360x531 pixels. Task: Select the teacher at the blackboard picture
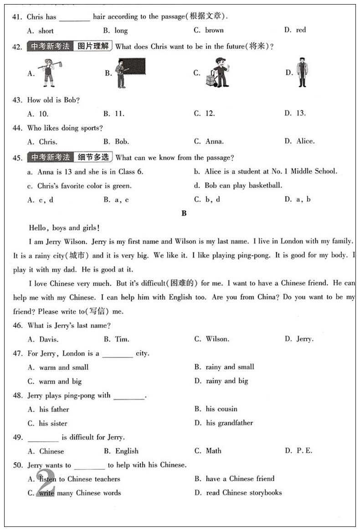coord(130,72)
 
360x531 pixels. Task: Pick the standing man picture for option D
coord(301,72)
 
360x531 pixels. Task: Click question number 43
coord(17,100)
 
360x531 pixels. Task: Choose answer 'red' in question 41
coord(301,31)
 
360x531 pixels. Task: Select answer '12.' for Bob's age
coord(210,113)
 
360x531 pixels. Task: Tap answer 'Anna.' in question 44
coord(214,141)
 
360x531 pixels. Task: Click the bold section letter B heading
coord(184,213)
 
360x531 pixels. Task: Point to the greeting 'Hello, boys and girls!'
coord(64,228)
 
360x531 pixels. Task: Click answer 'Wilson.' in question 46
coord(217,339)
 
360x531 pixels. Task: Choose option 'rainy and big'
coord(227,381)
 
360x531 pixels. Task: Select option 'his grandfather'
coord(229,423)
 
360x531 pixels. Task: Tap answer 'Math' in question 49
coord(213,451)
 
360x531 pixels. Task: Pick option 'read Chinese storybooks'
coord(244,493)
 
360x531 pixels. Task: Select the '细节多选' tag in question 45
coord(93,158)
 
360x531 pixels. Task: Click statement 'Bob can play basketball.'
coord(243,186)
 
